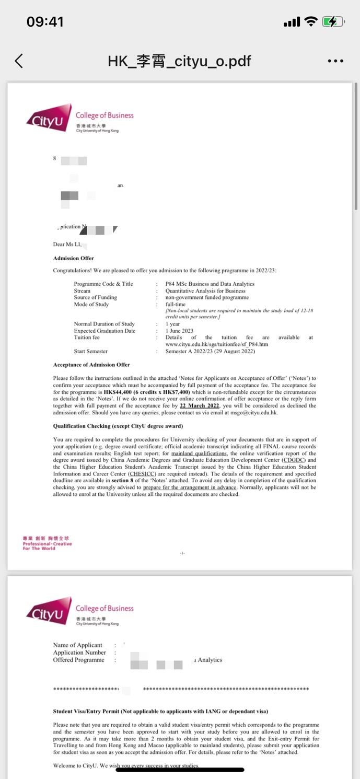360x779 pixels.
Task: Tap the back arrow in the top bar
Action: tap(19, 61)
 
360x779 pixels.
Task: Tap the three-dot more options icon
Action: tap(335, 61)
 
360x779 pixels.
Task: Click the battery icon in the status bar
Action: tap(333, 22)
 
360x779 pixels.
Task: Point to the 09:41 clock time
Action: tap(45, 22)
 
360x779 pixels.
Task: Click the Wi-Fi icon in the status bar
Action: tap(311, 22)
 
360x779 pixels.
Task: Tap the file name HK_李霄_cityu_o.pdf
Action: tap(179, 61)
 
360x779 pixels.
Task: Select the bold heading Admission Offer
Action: tap(74, 258)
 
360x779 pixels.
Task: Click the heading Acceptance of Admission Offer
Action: tap(91, 365)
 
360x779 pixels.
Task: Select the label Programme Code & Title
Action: tap(103, 284)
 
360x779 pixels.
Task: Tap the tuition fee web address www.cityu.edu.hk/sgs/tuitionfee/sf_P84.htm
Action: tap(216, 344)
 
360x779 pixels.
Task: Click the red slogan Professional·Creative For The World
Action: tap(47, 544)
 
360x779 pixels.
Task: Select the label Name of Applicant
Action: tap(78, 645)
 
